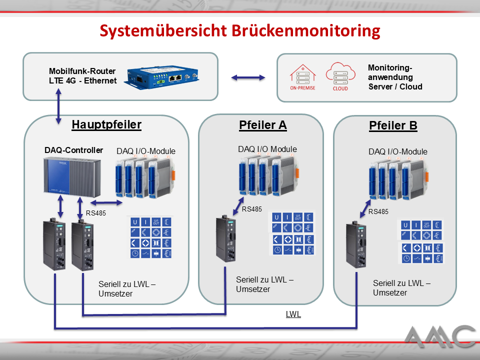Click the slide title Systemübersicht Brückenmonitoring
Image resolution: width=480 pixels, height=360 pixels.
tap(240, 30)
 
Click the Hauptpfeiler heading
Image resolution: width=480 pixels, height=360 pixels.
tap(106, 124)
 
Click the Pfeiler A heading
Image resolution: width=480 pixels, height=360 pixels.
tap(262, 125)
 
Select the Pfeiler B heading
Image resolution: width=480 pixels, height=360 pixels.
tap(393, 125)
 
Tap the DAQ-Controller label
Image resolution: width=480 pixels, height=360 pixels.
tap(73, 150)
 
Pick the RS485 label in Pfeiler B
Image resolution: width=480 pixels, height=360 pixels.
tap(378, 211)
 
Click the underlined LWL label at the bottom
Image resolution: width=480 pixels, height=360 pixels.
tap(293, 314)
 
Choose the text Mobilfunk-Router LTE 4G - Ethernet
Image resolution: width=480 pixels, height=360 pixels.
tap(82, 76)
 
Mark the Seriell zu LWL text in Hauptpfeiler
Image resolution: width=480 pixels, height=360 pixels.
tap(127, 289)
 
